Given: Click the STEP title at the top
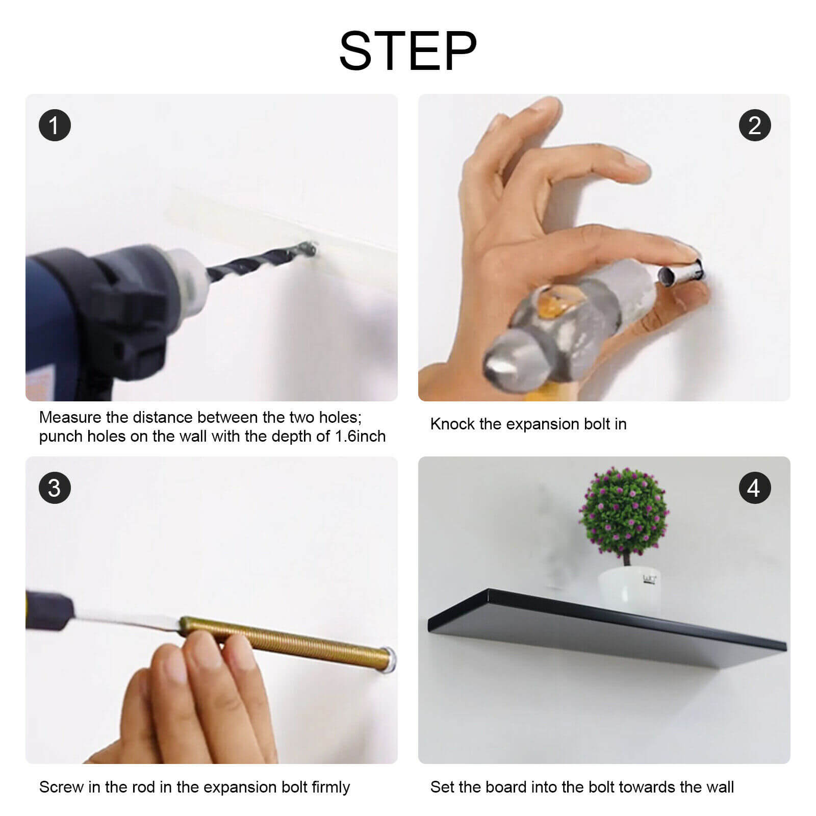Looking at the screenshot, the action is tap(408, 50).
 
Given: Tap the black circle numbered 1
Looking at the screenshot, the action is tap(55, 125).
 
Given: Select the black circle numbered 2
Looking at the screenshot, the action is tap(755, 125).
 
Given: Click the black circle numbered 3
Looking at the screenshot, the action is tap(55, 488).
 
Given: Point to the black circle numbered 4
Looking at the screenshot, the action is tap(755, 488).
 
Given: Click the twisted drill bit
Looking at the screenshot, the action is tap(260, 263).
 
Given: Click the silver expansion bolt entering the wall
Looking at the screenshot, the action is tap(681, 271).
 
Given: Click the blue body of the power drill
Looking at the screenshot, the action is tap(56, 326).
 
